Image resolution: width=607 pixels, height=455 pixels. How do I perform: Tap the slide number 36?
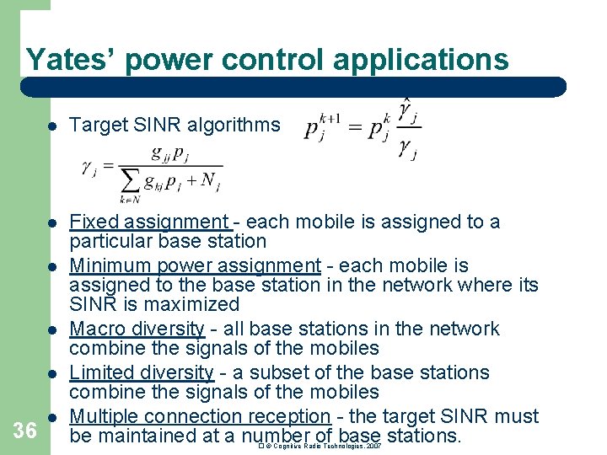(x=25, y=431)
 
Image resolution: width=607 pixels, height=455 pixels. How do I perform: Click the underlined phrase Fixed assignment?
(x=149, y=222)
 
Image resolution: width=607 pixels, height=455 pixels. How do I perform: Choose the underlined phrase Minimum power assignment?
(x=195, y=265)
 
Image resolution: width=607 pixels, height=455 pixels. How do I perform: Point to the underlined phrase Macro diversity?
(x=137, y=329)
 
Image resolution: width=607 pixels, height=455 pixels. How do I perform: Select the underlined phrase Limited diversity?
(x=141, y=372)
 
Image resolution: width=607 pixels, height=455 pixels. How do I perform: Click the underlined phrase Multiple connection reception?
(x=199, y=416)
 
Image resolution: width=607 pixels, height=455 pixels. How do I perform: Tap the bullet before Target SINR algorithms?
(x=51, y=126)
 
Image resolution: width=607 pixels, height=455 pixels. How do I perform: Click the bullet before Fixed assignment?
(x=51, y=223)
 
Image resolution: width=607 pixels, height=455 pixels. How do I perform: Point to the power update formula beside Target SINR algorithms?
(x=363, y=127)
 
